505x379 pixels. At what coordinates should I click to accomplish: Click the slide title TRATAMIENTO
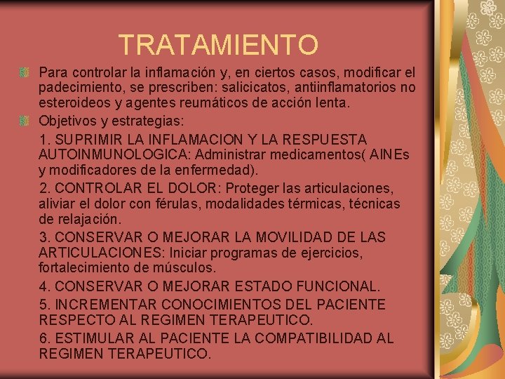click(x=218, y=45)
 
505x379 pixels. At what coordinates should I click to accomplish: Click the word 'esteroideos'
click(x=73, y=103)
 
